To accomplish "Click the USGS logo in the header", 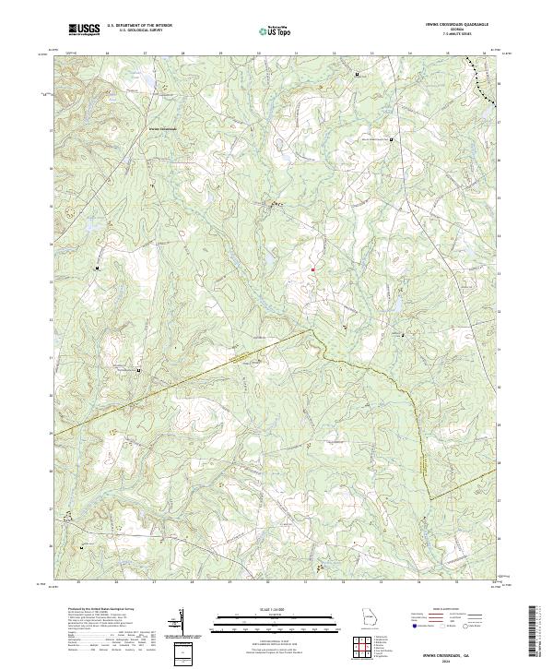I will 84,30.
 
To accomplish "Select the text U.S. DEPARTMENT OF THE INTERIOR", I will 139,26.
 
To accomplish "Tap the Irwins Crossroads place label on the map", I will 161,128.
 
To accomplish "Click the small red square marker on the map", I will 312,269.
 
